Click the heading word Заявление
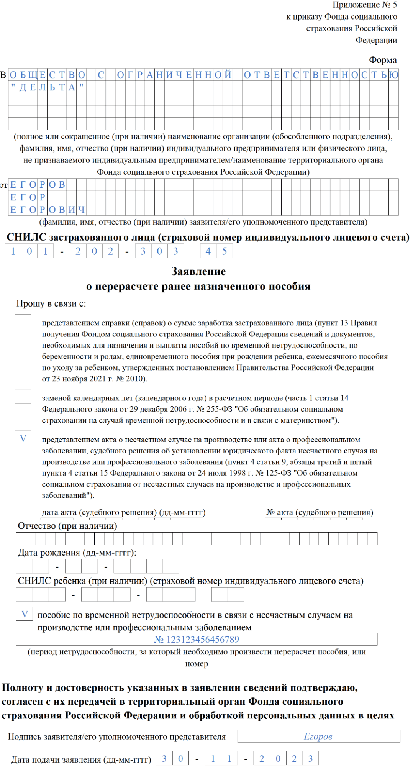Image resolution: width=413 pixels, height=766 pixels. pos(198,271)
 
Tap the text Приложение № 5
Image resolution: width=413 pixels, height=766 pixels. pos(364,5)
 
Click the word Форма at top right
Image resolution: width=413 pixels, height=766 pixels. pos(383,60)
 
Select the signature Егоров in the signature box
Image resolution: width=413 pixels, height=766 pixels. pos(318,736)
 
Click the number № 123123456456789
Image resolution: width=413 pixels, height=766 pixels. pos(197,639)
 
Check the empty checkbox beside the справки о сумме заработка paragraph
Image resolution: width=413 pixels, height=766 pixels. pos(23,321)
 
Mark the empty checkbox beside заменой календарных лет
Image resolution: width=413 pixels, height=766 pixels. pos(23,396)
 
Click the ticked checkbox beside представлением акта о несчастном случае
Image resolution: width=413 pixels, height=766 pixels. pos(23,438)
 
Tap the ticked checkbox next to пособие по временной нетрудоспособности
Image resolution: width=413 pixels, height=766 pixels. pos(25,614)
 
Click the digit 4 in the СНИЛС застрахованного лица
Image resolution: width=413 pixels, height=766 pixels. pos(208,251)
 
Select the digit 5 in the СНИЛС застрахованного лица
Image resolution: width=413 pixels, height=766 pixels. pos(225,251)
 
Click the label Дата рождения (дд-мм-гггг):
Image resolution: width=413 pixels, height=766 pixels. pos(77,553)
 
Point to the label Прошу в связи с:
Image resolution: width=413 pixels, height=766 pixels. pos(51,303)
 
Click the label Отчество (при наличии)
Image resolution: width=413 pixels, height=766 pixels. pos(67,526)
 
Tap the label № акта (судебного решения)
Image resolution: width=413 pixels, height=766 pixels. pos(320,512)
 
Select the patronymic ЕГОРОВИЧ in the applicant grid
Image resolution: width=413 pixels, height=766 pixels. pos(47,210)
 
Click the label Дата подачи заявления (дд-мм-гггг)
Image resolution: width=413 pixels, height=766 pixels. pos(81,759)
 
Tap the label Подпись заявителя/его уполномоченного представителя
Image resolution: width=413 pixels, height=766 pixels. pos(117,736)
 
